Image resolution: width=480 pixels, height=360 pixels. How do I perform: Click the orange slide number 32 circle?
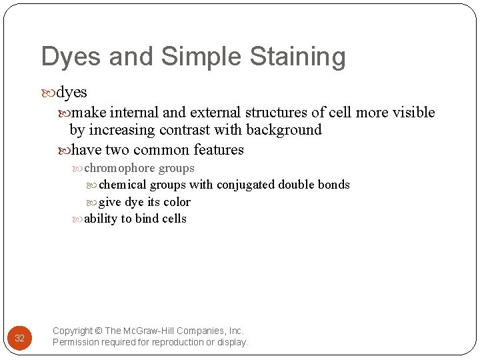[x=19, y=337]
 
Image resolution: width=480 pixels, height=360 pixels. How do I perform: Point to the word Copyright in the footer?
[x=73, y=331]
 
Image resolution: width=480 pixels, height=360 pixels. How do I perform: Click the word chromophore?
[x=119, y=169]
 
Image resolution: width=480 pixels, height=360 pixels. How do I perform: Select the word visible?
[x=413, y=113]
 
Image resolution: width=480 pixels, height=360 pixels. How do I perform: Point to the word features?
[x=218, y=150]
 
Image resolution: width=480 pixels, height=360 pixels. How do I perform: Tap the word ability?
[x=101, y=219]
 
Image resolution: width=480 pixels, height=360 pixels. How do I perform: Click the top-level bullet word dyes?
[x=72, y=93]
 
